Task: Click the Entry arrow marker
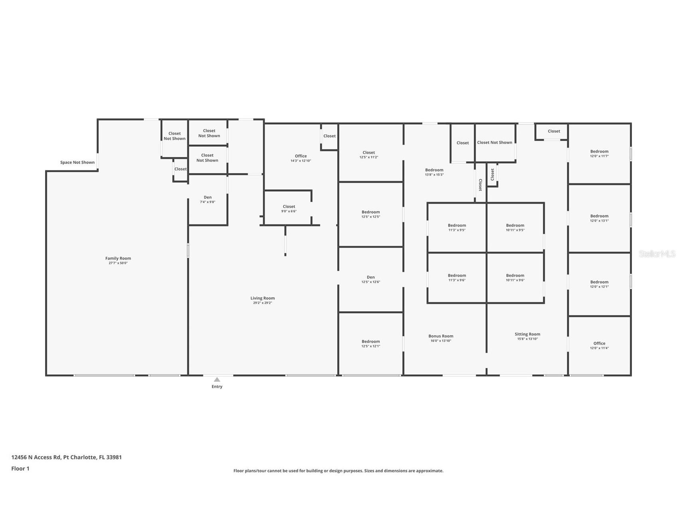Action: pyautogui.click(x=217, y=380)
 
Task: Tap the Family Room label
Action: pyautogui.click(x=118, y=258)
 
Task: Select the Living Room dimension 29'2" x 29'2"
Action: pyautogui.click(x=262, y=303)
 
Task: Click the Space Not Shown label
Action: pyautogui.click(x=77, y=163)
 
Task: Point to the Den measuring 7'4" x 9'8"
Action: pyautogui.click(x=207, y=199)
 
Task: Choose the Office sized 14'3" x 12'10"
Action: pyautogui.click(x=301, y=158)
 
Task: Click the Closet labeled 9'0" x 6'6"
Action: pyautogui.click(x=289, y=208)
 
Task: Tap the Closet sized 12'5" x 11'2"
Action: pyautogui.click(x=369, y=155)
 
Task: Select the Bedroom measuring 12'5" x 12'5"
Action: pyautogui.click(x=371, y=214)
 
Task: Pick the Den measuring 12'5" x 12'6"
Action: pyautogui.click(x=371, y=279)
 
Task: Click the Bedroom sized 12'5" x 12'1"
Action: pyautogui.click(x=371, y=343)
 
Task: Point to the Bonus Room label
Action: pyautogui.click(x=441, y=336)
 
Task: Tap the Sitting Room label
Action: pyautogui.click(x=527, y=334)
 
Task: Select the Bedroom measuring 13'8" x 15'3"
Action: pyautogui.click(x=434, y=172)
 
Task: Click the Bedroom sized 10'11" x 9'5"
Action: pyautogui.click(x=515, y=227)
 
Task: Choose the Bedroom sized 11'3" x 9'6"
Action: pyautogui.click(x=457, y=278)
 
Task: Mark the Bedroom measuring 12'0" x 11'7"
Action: pyautogui.click(x=599, y=153)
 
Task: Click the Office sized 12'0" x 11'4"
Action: pyautogui.click(x=599, y=345)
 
